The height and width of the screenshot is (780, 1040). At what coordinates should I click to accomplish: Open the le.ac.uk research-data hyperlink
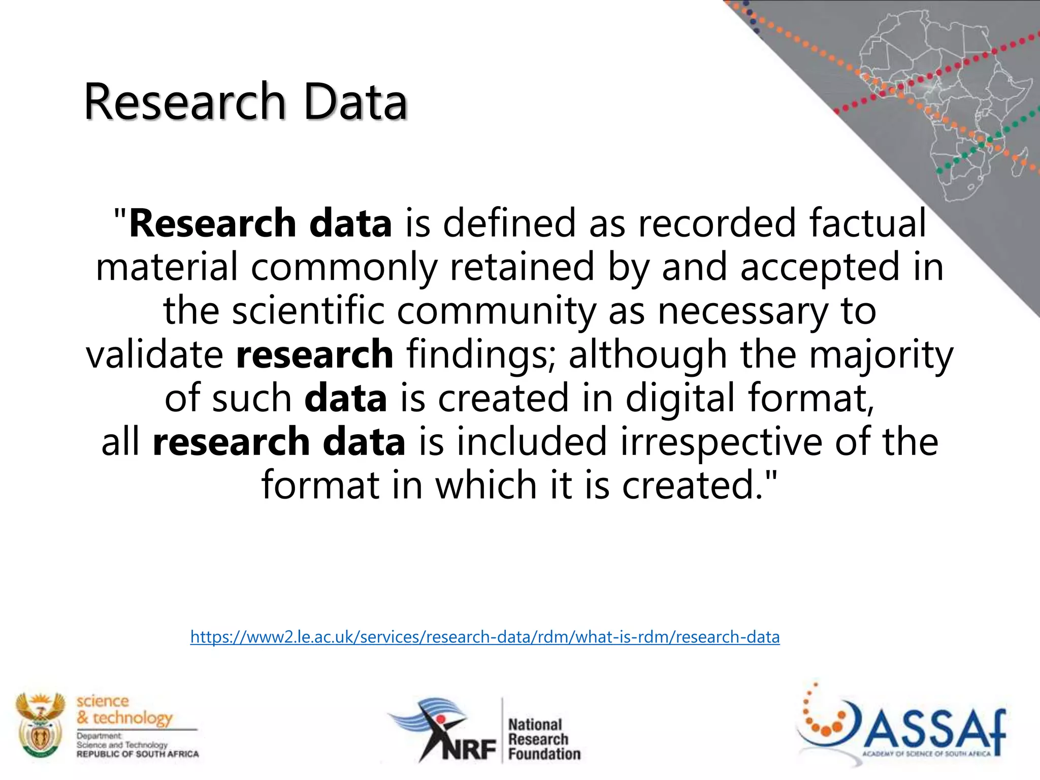pos(485,637)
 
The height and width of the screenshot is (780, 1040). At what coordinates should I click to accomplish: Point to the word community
pos(496,311)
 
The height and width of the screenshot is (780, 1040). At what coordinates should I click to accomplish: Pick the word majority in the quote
pos(881,354)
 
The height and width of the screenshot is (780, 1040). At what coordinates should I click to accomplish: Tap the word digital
pos(680,398)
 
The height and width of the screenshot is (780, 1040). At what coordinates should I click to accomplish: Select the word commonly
pos(344,267)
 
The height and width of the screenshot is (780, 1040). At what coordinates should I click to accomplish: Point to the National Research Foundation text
pos(543,739)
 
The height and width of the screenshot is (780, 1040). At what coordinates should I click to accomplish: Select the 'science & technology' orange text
pos(124,710)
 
